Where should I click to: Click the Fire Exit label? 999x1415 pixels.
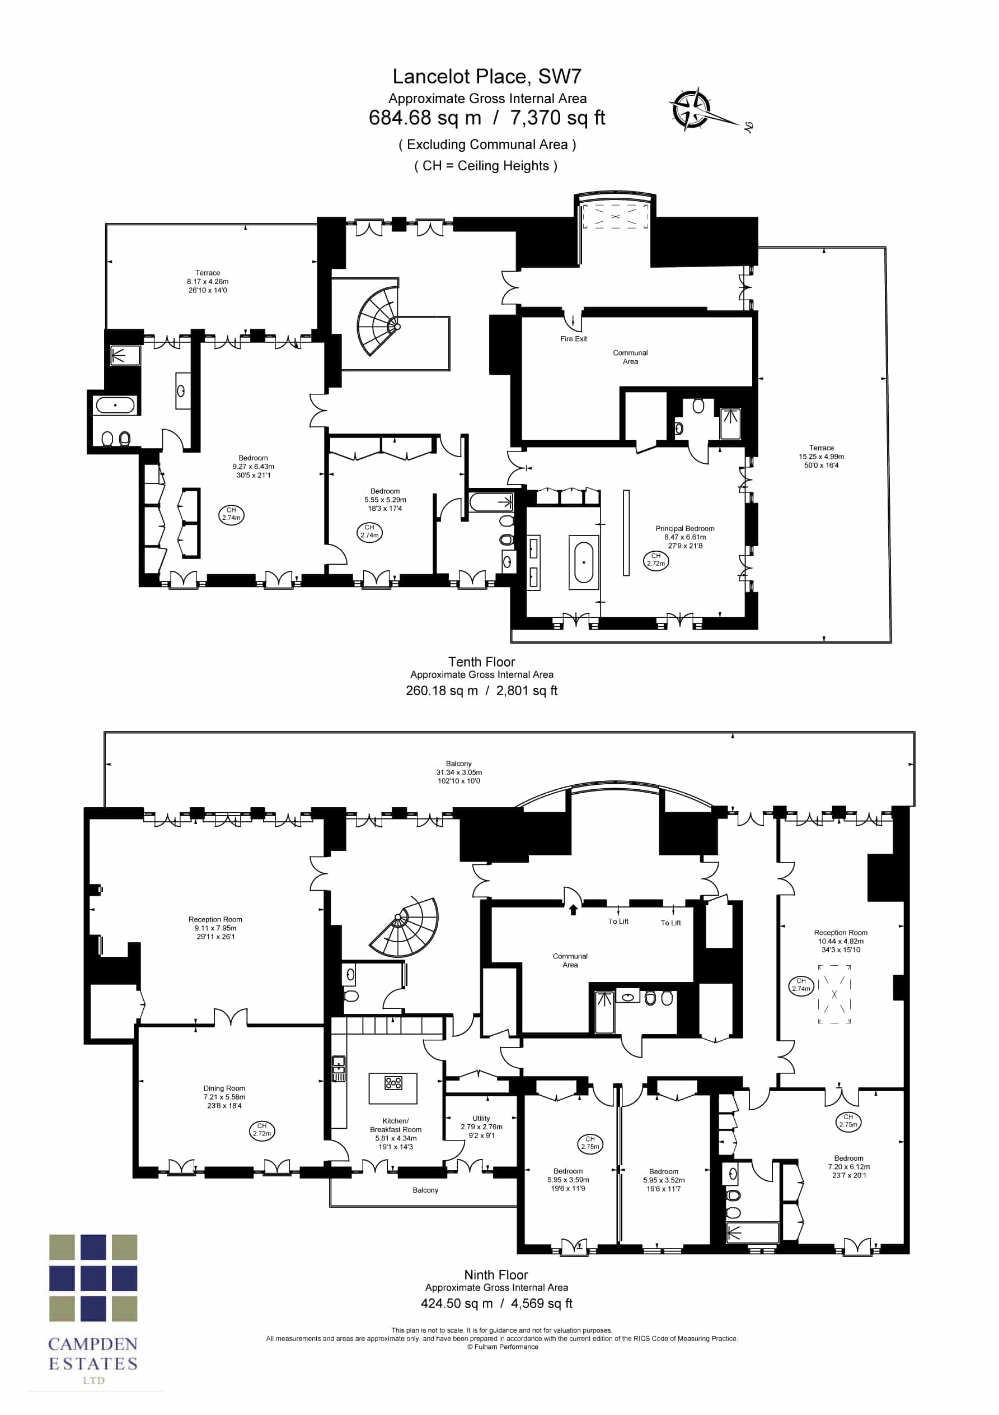point(574,339)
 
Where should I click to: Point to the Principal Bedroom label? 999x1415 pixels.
point(685,529)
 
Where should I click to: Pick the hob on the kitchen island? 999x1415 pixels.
point(393,1083)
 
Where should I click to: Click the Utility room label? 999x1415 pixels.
point(481,1118)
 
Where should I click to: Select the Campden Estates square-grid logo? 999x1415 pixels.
point(93,1278)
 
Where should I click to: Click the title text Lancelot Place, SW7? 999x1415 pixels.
point(486,76)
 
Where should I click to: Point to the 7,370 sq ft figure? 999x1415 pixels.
point(557,118)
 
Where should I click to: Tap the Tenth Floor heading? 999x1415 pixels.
point(482,662)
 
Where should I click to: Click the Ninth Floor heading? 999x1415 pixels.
point(496,1275)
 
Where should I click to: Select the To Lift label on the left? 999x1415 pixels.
point(618,921)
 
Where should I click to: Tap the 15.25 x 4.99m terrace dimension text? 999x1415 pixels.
point(822,457)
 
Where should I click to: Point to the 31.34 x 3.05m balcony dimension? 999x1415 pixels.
point(459,772)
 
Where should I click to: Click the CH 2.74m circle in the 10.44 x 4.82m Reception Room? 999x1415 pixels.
point(801,985)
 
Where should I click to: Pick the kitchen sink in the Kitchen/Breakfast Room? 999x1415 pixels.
point(339,1069)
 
